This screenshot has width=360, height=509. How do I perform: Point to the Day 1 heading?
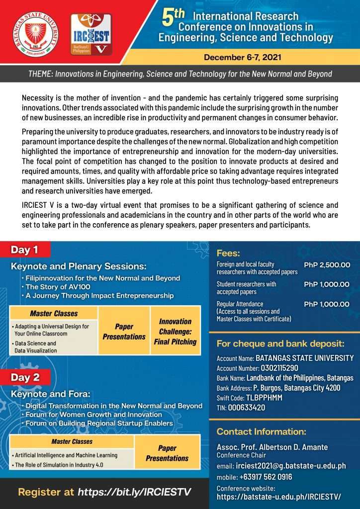pos(25,250)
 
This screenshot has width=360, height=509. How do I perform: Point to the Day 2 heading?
pos(25,377)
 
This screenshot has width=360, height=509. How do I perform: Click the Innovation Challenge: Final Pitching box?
pos(175,332)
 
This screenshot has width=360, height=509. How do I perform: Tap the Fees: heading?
pos(229,253)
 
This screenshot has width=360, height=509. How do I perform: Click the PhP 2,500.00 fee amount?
pos(327,265)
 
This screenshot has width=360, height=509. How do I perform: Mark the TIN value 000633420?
pos(248,408)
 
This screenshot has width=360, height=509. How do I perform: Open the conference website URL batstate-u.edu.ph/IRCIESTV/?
pos(278,496)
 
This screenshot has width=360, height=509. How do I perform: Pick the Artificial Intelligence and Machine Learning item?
pos(66,455)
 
